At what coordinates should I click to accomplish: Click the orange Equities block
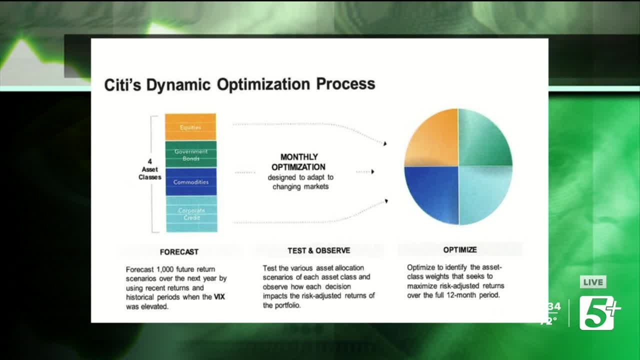pos(190,127)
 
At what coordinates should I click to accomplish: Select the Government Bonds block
pos(191,154)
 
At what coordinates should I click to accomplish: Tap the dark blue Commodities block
pos(191,181)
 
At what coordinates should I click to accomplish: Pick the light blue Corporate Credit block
pos(191,213)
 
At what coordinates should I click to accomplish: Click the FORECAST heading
pos(179,252)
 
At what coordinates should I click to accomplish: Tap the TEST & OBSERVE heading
pos(319,250)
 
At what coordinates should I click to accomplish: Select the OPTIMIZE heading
pos(460,249)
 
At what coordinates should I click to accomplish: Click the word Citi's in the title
pos(122,85)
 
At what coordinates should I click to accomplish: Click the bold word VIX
pos(219,297)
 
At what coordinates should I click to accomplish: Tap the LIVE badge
pos(593,282)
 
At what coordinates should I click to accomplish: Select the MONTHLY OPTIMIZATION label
pos(298,162)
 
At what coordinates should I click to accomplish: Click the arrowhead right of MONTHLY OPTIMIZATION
pos(372,171)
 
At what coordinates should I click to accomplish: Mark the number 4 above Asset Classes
pos(149,161)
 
